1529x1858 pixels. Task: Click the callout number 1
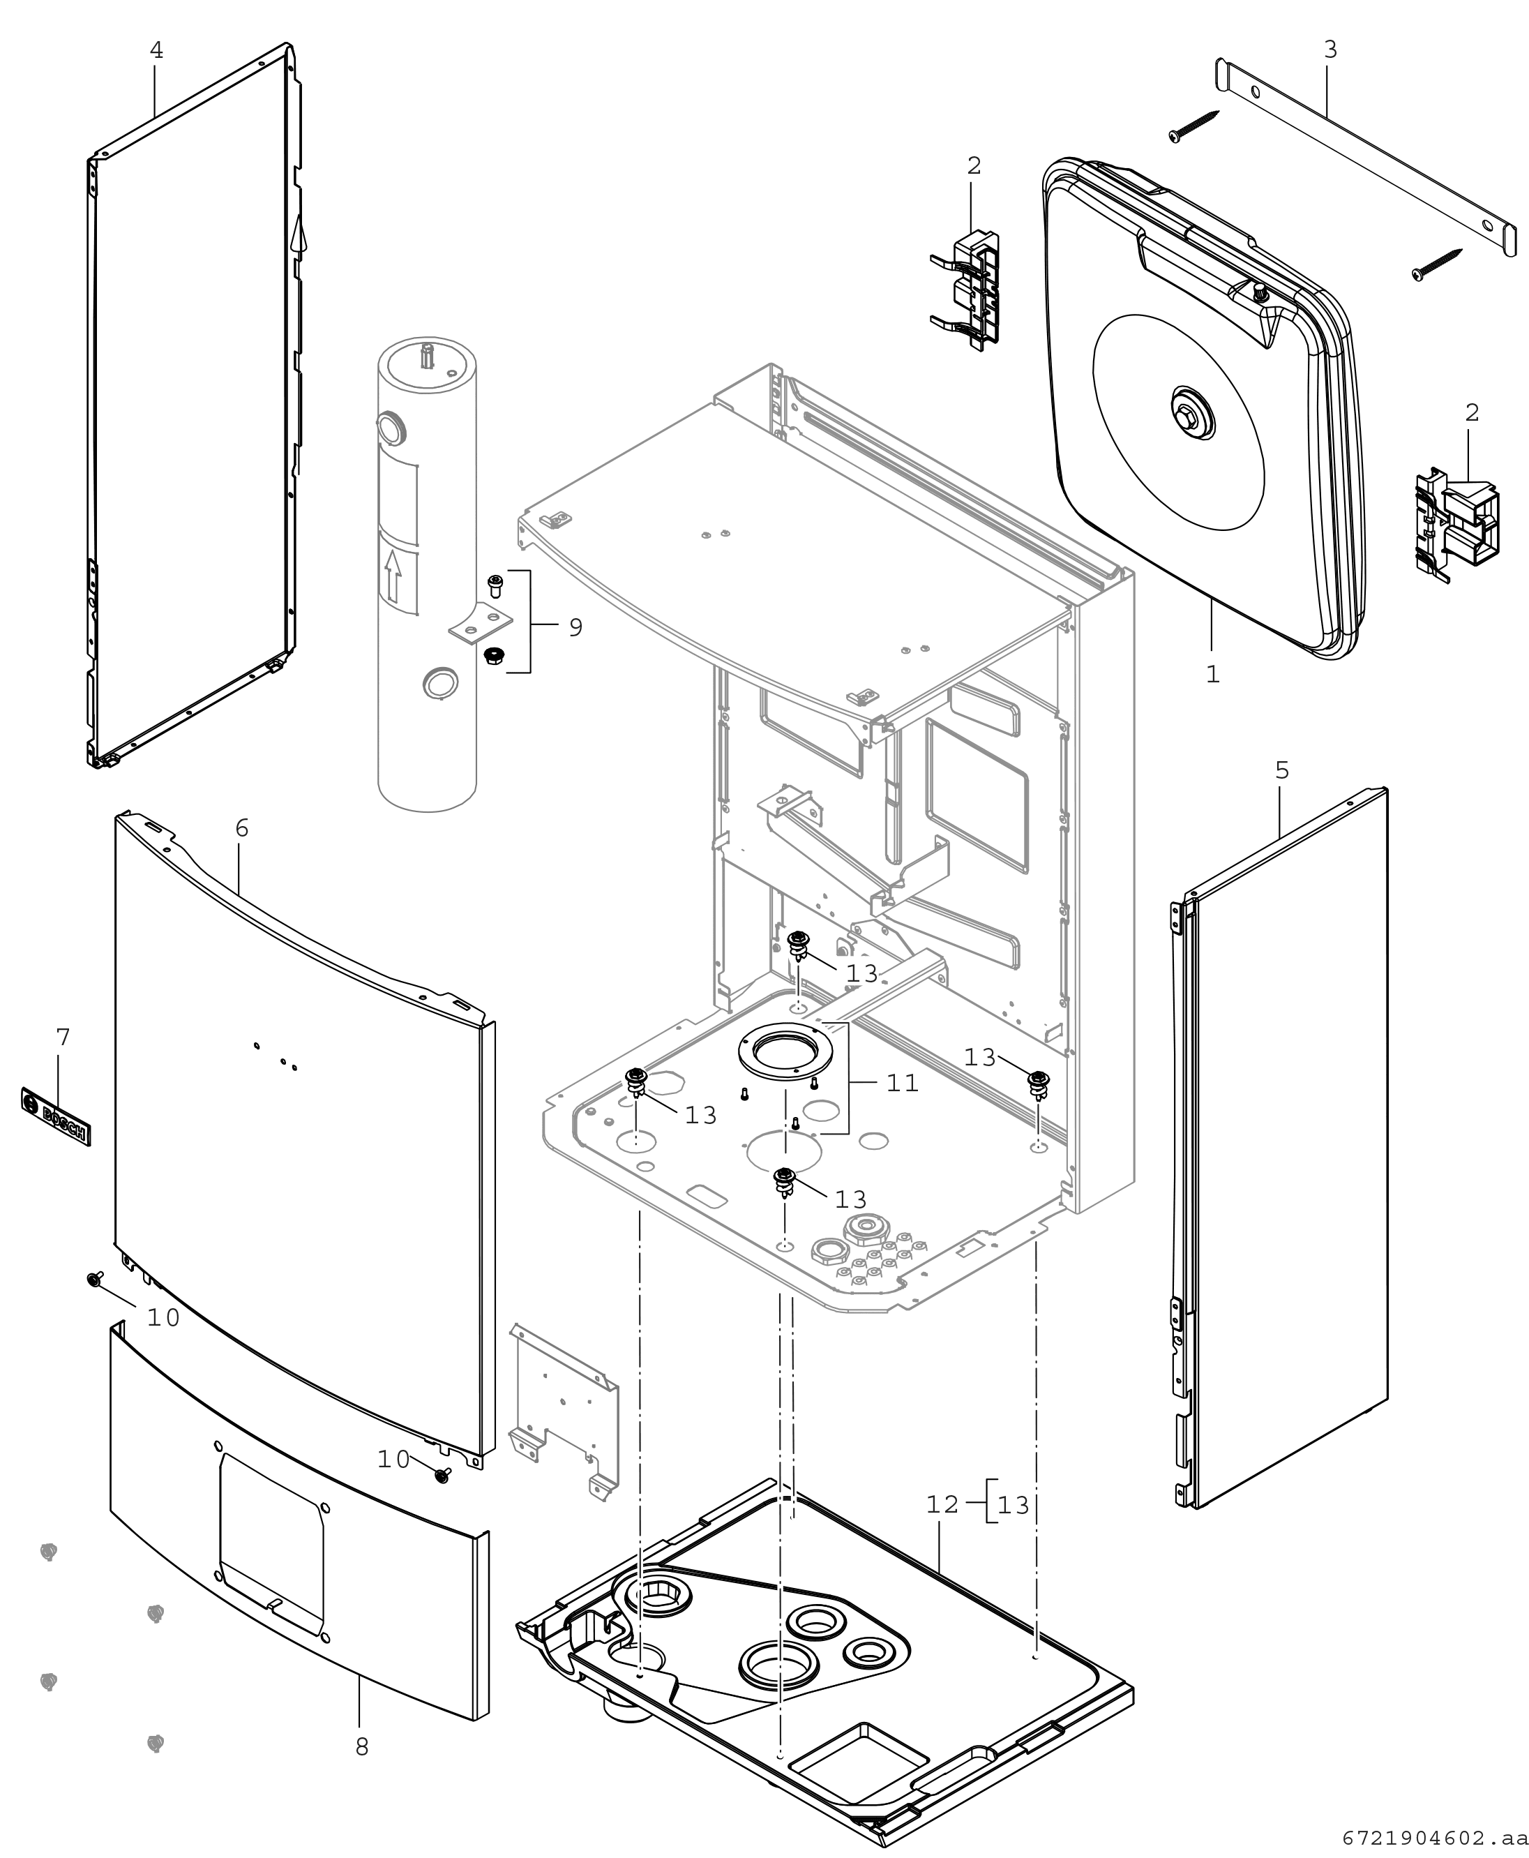click(x=1213, y=674)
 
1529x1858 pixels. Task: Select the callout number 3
click(x=1330, y=50)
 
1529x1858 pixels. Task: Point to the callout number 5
click(x=1281, y=771)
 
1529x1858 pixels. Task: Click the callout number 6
click(x=242, y=828)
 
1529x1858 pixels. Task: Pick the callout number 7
click(x=63, y=1037)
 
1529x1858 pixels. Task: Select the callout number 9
click(x=575, y=627)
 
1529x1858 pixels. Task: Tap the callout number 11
click(x=902, y=1083)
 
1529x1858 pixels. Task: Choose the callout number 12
click(x=942, y=1505)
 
